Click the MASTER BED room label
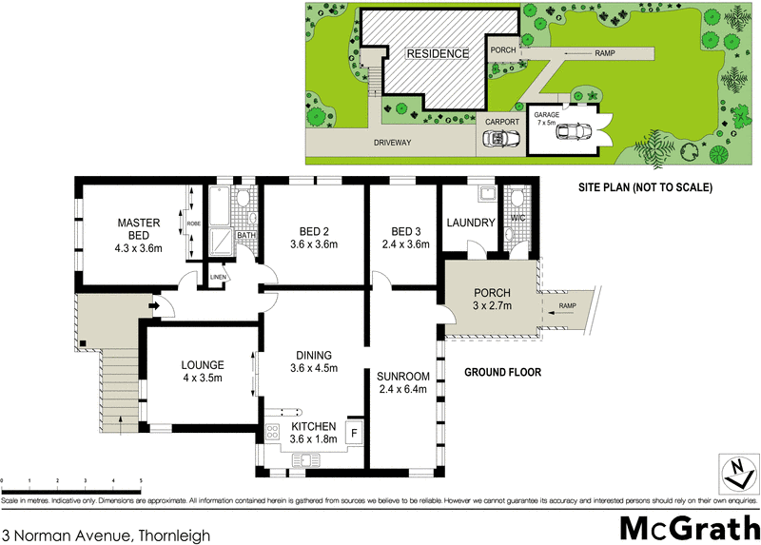(x=139, y=230)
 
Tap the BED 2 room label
(x=314, y=231)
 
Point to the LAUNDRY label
(x=471, y=224)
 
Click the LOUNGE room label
(x=201, y=364)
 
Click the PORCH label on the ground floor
(x=493, y=292)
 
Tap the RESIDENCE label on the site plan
(x=439, y=54)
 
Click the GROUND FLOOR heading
(x=502, y=373)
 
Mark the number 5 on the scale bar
(x=141, y=481)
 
